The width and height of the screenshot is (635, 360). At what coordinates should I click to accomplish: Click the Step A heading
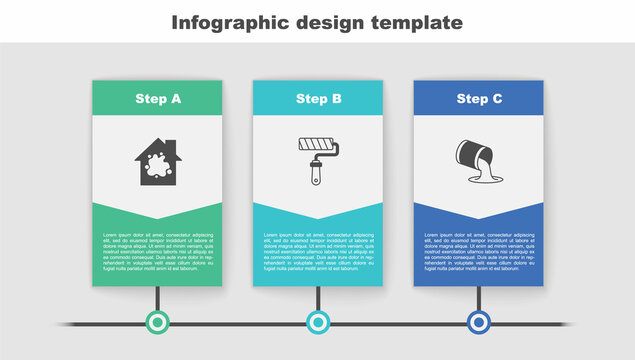(x=157, y=99)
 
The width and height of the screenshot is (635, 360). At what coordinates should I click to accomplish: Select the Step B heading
(x=318, y=99)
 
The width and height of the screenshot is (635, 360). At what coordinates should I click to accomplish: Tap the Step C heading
(x=479, y=99)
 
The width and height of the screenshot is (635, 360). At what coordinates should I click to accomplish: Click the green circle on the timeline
(x=157, y=322)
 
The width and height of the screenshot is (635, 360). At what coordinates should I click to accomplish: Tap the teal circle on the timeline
(x=318, y=322)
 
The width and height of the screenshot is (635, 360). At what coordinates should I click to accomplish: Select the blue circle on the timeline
(x=479, y=322)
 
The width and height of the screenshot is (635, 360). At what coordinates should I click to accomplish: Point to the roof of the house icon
(x=157, y=146)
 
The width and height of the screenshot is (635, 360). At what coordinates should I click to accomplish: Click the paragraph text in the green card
(x=157, y=251)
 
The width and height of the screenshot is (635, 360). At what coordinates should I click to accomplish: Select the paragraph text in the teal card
(x=318, y=251)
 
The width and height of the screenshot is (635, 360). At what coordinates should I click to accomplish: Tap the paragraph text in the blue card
(x=479, y=251)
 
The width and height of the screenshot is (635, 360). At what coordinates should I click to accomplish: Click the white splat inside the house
(x=157, y=168)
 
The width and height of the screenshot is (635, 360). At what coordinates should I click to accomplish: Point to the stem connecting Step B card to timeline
(x=318, y=298)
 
